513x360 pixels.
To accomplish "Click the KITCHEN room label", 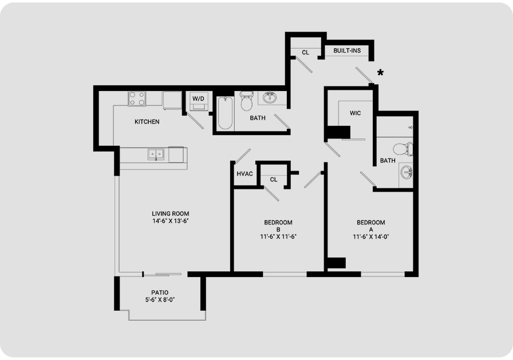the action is pos(147,122).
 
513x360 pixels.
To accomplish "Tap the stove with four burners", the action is pos(137,99).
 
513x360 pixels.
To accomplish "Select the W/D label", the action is pos(198,99).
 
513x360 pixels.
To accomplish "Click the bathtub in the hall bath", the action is pos(226,113).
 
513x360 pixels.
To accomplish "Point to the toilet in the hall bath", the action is pos(246,101).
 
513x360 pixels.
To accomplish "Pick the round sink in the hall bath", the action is pos(270,97).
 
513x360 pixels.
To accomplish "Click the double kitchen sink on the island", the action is pos(156,154).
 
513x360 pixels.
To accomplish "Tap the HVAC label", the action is pos(244,174).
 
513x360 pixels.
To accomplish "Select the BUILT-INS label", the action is pos(347,51).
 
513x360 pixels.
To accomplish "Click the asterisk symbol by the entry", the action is pos(380,73).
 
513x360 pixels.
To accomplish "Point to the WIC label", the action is pos(356,113).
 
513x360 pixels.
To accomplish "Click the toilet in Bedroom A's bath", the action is pos(403,149).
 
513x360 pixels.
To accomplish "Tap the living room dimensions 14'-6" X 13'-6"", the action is pos(171,221).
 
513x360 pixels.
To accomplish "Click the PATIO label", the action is pos(160,292).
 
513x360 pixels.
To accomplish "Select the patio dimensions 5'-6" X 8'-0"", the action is pos(160,300).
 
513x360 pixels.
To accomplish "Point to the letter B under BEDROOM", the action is pos(278,230).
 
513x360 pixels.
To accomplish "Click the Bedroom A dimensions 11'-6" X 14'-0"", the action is pos(370,237).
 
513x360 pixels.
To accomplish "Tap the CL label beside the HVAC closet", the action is pos(274,180).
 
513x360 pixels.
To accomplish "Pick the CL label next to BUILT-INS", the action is pos(305,52).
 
